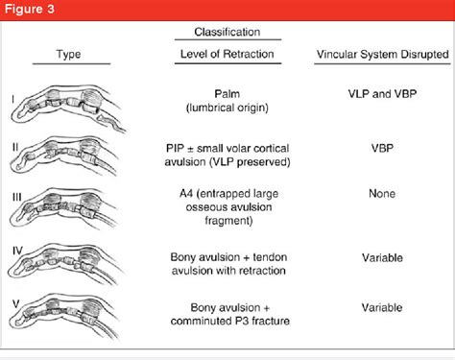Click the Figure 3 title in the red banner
(x=30, y=9)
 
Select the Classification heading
(x=227, y=32)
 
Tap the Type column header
(x=68, y=54)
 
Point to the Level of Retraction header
(x=227, y=54)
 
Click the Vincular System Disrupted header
(x=383, y=54)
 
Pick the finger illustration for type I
(x=68, y=108)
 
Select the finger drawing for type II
(x=63, y=156)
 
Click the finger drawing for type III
(x=63, y=208)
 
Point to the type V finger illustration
(x=64, y=316)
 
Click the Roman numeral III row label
(x=17, y=197)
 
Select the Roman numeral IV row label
(x=17, y=251)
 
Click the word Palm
(x=227, y=94)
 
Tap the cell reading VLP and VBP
(x=382, y=94)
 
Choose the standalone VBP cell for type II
(x=382, y=148)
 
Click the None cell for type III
(x=382, y=194)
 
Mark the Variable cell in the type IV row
(x=382, y=257)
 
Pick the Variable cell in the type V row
(x=382, y=307)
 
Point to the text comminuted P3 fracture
(x=230, y=321)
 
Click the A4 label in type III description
(x=186, y=194)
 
